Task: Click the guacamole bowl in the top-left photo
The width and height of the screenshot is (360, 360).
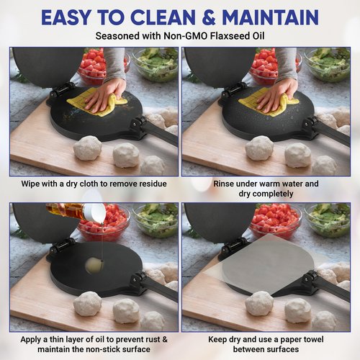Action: (153, 63)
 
